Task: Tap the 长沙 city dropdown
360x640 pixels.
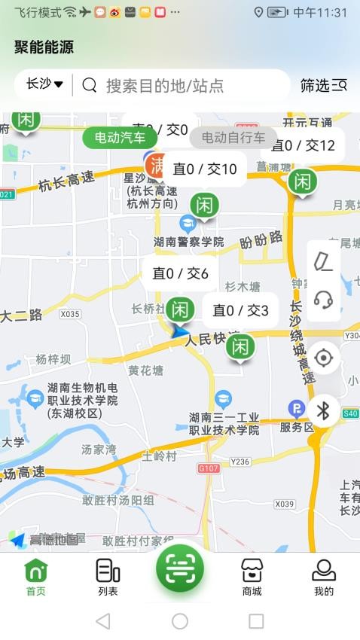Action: (44, 84)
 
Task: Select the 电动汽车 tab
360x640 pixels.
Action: (121, 138)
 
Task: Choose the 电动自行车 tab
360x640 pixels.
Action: (233, 138)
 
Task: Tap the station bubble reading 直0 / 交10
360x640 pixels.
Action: (205, 169)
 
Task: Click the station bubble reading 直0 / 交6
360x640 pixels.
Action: (180, 273)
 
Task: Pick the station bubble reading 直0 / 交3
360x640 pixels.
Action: (240, 309)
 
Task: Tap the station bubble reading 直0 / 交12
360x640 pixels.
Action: (303, 145)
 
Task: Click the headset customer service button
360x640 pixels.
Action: (324, 299)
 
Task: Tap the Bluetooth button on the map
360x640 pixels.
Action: (324, 410)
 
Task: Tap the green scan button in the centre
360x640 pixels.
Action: (180, 568)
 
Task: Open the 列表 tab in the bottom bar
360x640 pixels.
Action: (108, 578)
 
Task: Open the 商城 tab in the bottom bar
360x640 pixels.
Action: (252, 578)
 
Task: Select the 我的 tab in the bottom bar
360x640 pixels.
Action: (324, 578)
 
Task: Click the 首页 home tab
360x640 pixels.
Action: (35, 578)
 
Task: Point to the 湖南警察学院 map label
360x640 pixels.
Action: (188, 242)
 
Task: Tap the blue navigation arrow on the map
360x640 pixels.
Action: (180, 331)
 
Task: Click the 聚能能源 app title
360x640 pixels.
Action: (44, 47)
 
